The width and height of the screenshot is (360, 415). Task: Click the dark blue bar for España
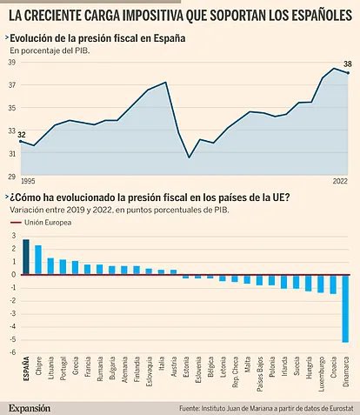(x=25, y=257)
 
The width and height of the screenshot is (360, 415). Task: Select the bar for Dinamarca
(x=345, y=308)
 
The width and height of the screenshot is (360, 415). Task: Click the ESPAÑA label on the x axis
(x=26, y=372)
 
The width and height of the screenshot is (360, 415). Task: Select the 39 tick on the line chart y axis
(x=13, y=62)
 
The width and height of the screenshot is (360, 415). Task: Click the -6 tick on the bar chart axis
(x=12, y=353)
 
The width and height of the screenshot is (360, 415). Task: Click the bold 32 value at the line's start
(x=22, y=133)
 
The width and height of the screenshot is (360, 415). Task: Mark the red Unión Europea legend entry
(x=35, y=224)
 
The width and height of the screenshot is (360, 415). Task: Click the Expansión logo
(x=30, y=406)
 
